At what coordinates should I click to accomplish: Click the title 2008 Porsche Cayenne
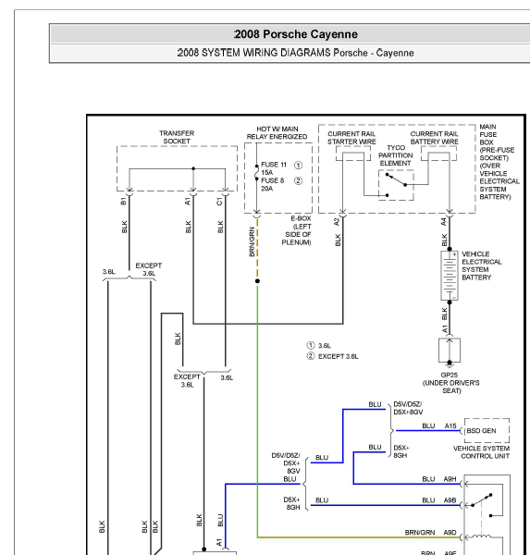pos(296,34)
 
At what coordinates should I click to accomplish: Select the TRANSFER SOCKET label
pos(177,137)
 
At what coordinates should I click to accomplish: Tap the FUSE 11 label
pos(273,165)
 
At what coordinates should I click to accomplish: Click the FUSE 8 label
pos(272,180)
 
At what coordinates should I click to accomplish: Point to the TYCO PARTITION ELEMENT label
pos(396,155)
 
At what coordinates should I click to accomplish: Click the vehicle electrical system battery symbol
pos(450,276)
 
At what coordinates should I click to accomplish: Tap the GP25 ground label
pos(449,375)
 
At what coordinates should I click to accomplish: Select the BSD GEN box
pos(487,430)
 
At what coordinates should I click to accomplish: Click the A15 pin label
pos(450,426)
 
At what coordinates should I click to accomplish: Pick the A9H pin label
pos(450,479)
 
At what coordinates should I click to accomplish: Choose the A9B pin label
pos(450,500)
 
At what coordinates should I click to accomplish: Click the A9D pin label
pos(450,533)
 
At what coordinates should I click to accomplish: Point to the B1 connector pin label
pos(123,202)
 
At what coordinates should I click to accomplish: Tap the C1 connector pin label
pos(219,202)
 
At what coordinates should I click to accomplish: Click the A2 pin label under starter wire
pos(337,222)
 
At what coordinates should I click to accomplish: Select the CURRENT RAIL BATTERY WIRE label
pos(434,138)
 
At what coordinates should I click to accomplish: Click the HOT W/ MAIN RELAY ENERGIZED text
pos(277,132)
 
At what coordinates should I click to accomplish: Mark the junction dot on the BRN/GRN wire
pos(257,281)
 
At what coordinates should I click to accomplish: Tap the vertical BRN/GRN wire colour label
pos(252,241)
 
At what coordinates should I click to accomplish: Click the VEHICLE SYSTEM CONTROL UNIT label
pos(482,452)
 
